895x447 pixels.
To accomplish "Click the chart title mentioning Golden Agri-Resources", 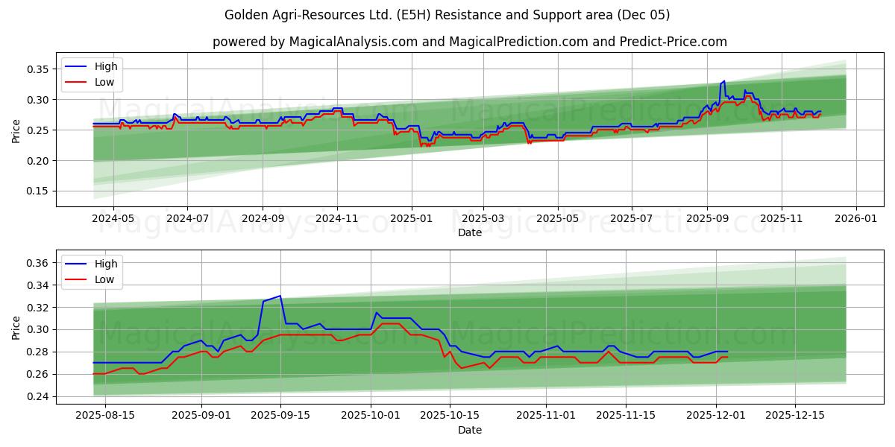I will point(447,15).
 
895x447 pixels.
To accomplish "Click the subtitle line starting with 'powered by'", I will point(469,42).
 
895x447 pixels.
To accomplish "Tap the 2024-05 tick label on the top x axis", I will point(113,219).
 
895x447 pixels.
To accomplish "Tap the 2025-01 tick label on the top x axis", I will point(412,219).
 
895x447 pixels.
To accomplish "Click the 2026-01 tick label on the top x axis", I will point(855,219).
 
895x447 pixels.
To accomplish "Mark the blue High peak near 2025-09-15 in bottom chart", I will point(280,296).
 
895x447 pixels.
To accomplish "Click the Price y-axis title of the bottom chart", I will point(16,327).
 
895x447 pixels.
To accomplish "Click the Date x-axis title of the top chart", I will point(469,233).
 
